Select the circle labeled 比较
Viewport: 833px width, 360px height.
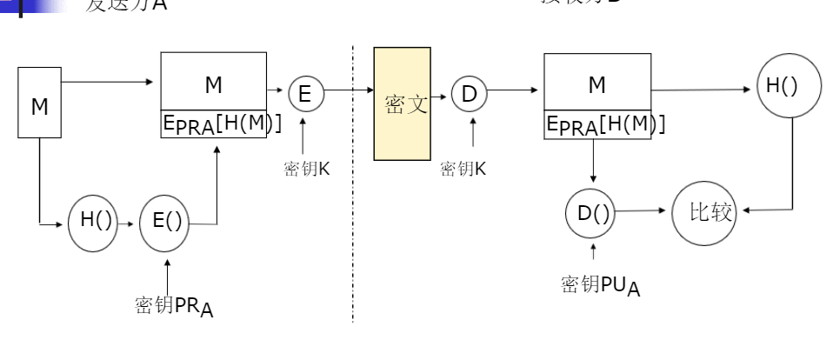[x=703, y=211]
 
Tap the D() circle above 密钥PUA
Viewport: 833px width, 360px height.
[x=594, y=212]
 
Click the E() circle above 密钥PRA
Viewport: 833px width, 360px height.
[x=167, y=221]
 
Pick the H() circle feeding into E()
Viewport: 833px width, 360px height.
[x=92, y=221]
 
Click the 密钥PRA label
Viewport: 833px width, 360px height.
[x=174, y=306]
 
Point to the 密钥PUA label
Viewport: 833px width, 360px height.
[x=600, y=285]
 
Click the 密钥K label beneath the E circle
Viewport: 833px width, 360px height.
[x=306, y=169]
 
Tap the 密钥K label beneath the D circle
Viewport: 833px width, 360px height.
[x=463, y=169]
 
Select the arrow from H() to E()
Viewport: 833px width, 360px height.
[x=128, y=223]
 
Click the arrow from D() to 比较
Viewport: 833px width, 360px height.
[x=644, y=210]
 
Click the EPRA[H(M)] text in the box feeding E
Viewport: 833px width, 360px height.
[x=222, y=124]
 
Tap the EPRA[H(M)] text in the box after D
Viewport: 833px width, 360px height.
[x=605, y=124]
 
